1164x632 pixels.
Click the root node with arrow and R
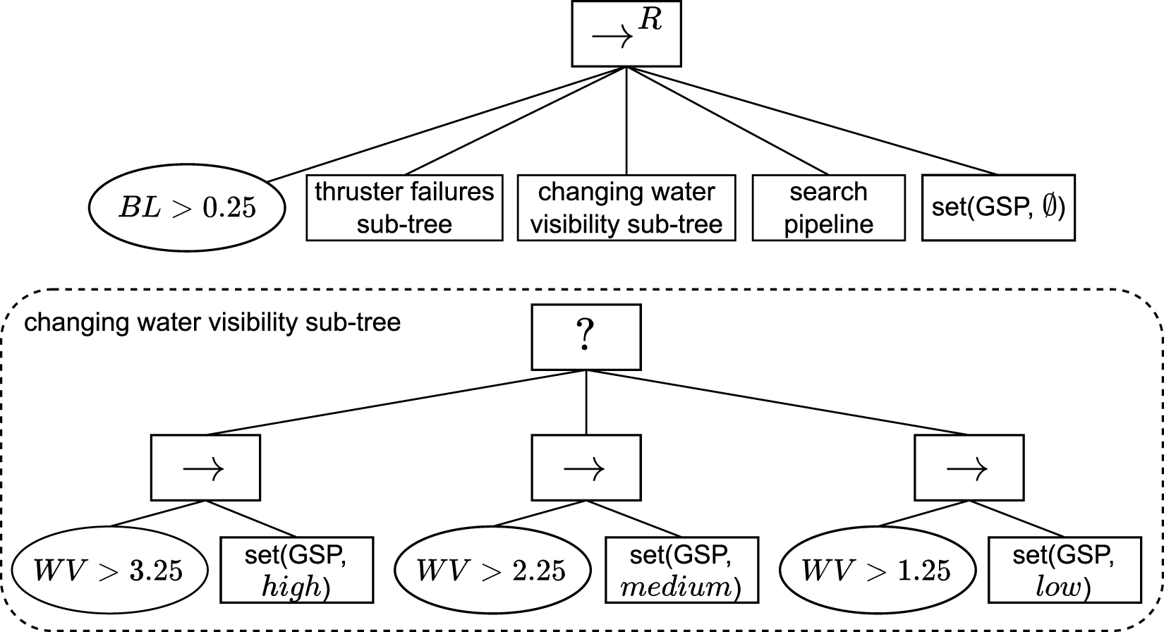(626, 35)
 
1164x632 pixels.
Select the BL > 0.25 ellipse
(187, 208)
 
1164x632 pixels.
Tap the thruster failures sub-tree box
(404, 208)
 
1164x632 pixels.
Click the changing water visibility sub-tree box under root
(626, 208)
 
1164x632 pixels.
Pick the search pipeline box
(828, 208)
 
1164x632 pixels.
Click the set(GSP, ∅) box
(998, 208)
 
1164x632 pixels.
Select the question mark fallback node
(586, 337)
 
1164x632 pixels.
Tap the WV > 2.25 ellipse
(492, 570)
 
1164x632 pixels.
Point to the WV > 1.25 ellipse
(875, 570)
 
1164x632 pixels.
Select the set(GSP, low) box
(1063, 570)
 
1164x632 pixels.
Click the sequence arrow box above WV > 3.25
(205, 468)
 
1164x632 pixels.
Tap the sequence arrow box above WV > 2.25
(586, 468)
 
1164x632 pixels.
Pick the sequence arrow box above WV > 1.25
(969, 468)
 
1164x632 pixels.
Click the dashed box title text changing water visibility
(212, 323)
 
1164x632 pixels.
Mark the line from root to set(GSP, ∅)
(811, 121)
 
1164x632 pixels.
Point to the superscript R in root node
(650, 21)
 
